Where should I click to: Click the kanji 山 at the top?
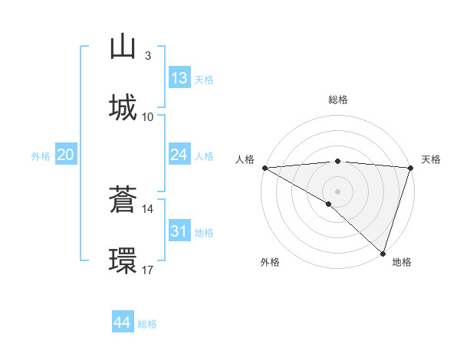click(123, 47)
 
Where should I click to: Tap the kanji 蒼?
click(123, 200)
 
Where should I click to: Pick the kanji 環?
click(123, 260)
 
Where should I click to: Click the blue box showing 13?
click(179, 78)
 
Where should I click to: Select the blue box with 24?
click(179, 155)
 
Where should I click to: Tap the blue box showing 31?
click(179, 231)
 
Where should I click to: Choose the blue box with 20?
click(65, 155)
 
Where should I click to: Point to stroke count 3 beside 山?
click(147, 56)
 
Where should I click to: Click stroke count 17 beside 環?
click(147, 270)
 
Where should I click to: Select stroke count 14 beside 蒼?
click(147, 208)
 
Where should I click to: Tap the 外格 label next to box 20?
click(41, 156)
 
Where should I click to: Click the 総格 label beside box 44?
click(147, 324)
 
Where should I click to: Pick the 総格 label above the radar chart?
click(337, 100)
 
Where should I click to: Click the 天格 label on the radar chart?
click(431, 159)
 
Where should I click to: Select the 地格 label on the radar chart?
click(402, 263)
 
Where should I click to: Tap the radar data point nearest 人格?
click(264, 168)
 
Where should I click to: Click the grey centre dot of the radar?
click(337, 191)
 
